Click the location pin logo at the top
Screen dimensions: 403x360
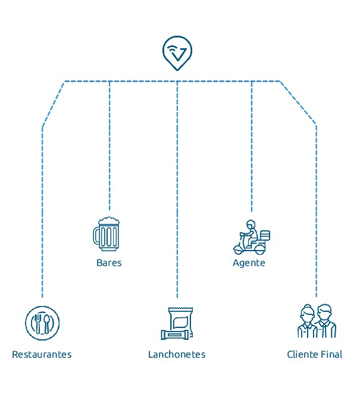177,52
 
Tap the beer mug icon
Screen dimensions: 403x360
107,233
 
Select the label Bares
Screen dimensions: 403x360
109,263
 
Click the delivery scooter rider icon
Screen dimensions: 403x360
251,237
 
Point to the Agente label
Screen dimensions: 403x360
249,263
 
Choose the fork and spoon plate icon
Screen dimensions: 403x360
42,323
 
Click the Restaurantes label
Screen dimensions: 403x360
42,354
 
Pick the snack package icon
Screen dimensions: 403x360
177,323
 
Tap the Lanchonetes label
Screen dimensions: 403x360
177,354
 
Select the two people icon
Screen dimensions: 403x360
317,322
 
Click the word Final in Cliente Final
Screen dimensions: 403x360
331,354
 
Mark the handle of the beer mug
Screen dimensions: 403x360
96,235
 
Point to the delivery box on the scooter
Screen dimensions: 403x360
265,235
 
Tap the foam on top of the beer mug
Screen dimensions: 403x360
108,220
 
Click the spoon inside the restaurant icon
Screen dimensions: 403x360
48,323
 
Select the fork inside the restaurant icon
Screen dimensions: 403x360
37,323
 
